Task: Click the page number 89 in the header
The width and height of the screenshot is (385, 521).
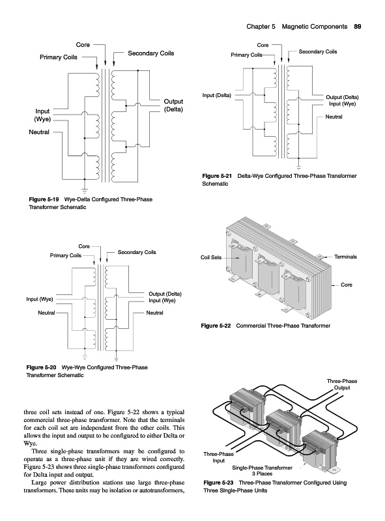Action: point(358,27)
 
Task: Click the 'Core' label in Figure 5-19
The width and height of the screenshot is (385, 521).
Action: point(83,44)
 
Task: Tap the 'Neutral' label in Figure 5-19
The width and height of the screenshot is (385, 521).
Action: point(39,132)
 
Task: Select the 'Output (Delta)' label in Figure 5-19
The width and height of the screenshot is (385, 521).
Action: point(173,106)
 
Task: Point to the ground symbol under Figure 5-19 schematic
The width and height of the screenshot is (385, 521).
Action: point(85,190)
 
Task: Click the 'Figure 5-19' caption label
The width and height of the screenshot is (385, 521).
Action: point(44,199)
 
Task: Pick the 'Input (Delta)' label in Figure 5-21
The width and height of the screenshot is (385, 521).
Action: point(217,95)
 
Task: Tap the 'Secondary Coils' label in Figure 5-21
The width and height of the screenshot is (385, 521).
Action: point(318,51)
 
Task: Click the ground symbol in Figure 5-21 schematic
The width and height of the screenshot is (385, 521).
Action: point(298,167)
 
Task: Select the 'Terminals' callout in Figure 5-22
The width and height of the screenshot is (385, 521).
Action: point(345,257)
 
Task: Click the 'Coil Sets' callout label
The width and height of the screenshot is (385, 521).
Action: point(211,257)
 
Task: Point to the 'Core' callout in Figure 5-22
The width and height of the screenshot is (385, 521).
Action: point(347,285)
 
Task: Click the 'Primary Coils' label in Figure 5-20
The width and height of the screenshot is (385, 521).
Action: point(66,255)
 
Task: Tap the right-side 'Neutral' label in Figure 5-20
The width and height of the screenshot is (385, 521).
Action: point(154,313)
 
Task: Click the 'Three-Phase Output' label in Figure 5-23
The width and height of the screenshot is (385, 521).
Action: point(342,384)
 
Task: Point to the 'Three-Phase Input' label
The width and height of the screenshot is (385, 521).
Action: point(218,457)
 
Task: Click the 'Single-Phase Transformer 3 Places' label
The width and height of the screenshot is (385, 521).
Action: point(262,470)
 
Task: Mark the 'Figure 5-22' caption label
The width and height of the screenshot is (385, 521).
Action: point(216,326)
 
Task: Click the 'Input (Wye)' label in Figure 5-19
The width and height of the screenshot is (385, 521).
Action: point(42,115)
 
